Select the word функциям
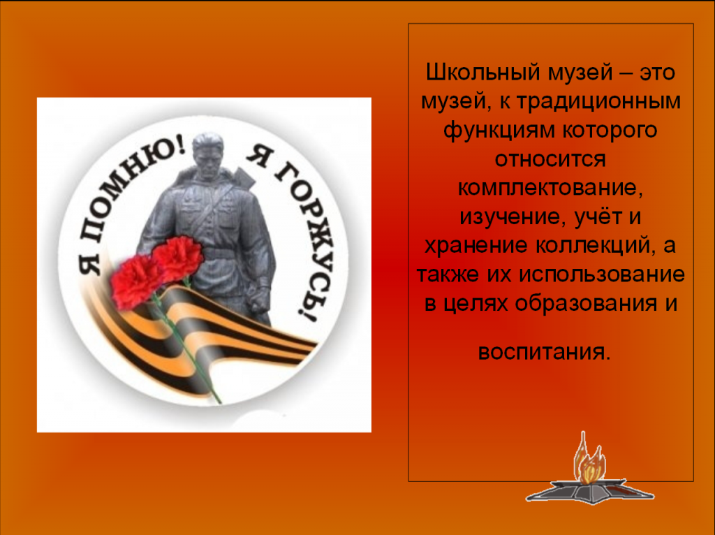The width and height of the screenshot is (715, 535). (499, 131)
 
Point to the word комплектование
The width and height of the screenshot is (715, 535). (550, 188)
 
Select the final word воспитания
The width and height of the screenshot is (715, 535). (543, 352)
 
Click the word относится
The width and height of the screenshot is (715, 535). (550, 159)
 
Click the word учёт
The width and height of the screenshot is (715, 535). (598, 217)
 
